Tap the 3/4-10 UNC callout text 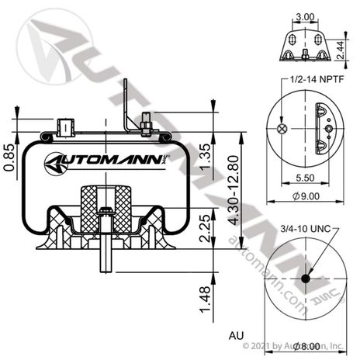tap(304, 229)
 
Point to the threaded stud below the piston tap(101, 255)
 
